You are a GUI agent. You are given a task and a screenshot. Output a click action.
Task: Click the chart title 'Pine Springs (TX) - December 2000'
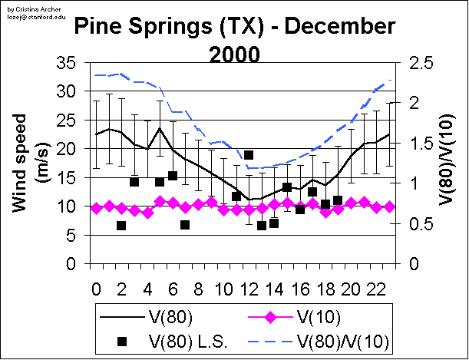[234, 41]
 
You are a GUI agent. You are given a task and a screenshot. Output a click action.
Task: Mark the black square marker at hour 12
[249, 155]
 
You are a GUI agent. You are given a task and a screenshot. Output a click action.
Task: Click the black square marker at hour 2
[121, 226]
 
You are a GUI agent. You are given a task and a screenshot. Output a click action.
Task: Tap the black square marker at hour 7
[185, 225]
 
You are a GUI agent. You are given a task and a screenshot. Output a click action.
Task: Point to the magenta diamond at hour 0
[96, 208]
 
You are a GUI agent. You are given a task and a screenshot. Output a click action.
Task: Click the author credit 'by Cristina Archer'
[25, 5]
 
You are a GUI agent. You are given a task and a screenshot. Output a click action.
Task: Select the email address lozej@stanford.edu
[29, 12]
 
